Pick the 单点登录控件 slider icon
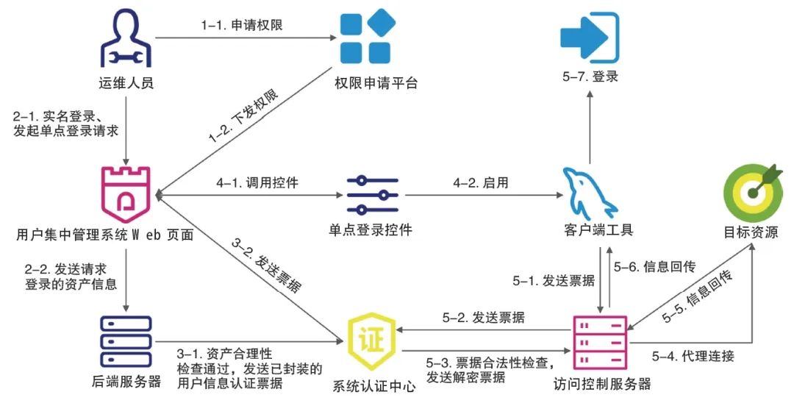click(372, 195)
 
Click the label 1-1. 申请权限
click(242, 24)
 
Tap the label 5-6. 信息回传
click(655, 266)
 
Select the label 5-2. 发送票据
click(483, 318)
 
